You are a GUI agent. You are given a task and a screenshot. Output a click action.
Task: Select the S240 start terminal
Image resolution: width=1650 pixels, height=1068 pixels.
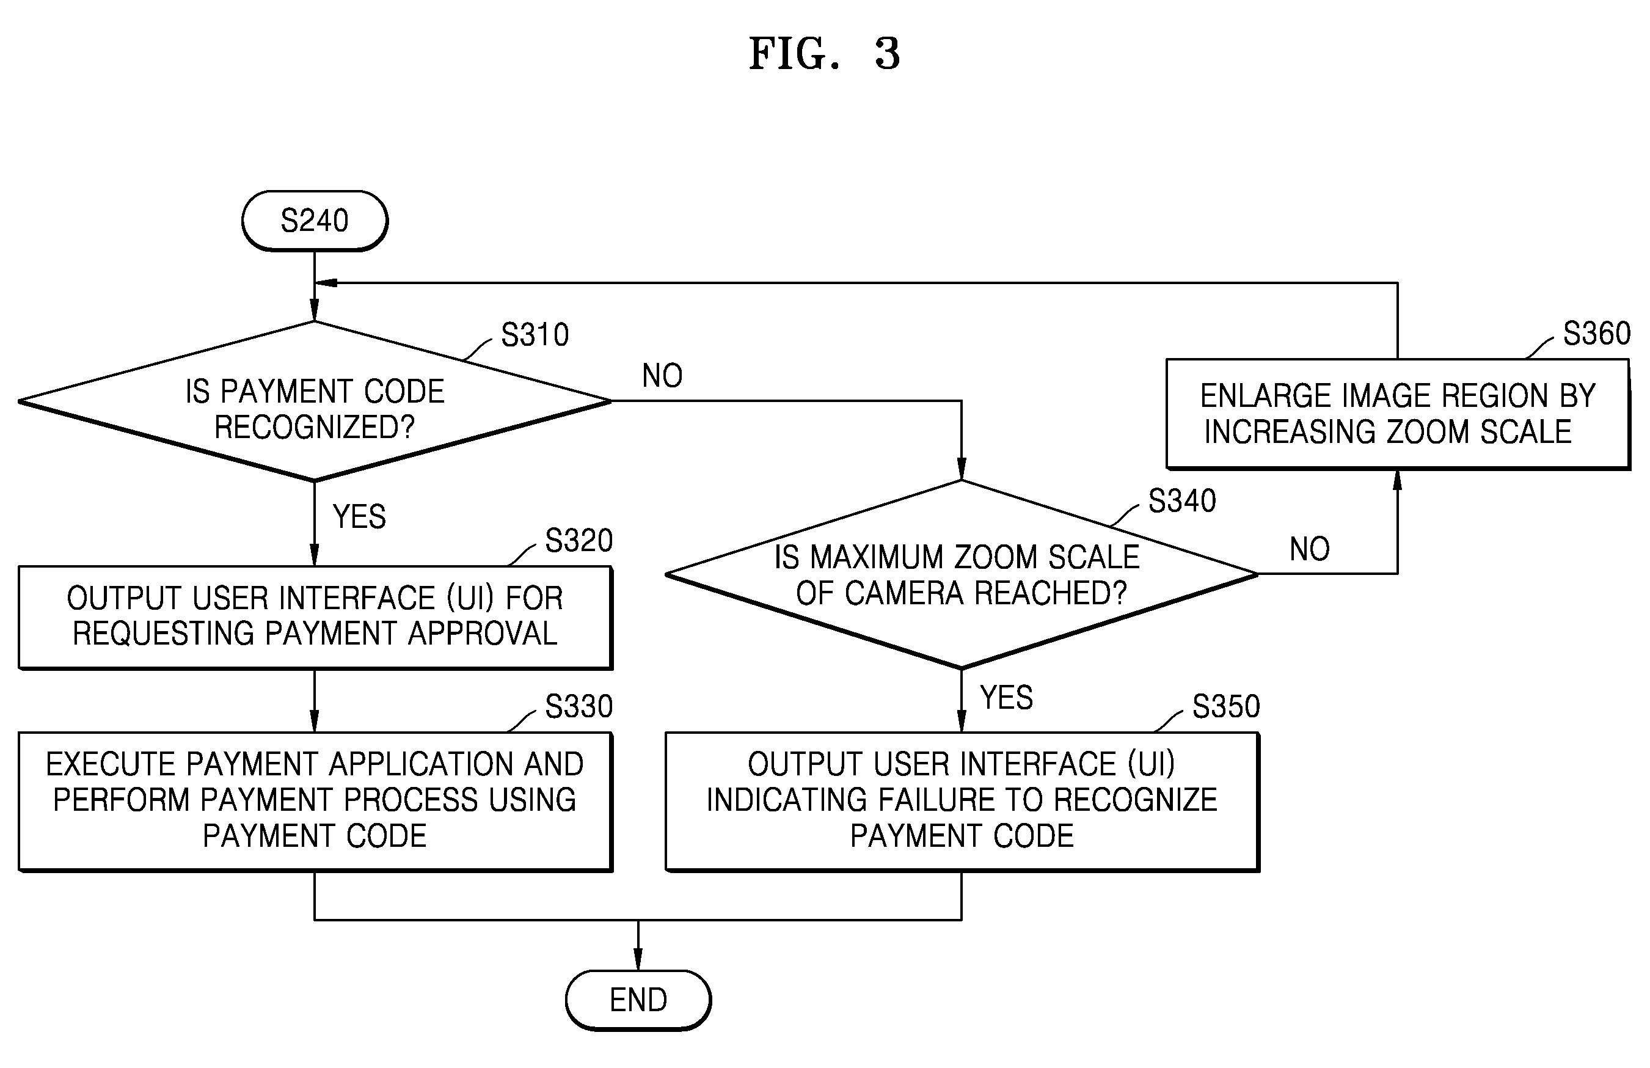click(x=315, y=221)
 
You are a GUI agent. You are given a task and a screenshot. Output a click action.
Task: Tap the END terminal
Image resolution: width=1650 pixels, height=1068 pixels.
click(x=638, y=1000)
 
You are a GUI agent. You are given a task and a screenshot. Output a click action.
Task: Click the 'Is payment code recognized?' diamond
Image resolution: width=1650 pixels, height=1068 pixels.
click(x=315, y=401)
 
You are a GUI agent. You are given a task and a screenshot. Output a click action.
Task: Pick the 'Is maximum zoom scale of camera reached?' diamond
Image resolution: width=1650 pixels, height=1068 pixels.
click(x=962, y=574)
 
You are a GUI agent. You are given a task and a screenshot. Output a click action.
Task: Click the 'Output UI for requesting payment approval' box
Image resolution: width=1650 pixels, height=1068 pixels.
click(x=315, y=618)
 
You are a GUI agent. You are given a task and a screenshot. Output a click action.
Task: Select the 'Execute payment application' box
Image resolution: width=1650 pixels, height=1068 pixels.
click(x=315, y=801)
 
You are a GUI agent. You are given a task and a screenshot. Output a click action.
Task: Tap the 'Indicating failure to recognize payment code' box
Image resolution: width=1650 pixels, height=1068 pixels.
click(x=962, y=801)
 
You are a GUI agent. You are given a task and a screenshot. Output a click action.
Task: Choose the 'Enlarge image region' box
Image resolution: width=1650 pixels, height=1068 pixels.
click(x=1398, y=414)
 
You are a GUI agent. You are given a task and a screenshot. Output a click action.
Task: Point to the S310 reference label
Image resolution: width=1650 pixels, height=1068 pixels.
click(x=535, y=335)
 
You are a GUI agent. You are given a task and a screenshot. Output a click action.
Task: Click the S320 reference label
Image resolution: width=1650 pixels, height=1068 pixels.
click(x=579, y=541)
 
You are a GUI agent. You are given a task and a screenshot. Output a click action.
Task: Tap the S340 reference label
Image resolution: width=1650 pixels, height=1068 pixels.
click(x=1182, y=501)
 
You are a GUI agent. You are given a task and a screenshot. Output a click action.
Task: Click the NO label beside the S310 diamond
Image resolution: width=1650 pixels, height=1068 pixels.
click(x=662, y=376)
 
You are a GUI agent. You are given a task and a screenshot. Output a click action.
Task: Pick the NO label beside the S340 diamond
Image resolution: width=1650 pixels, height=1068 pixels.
click(x=1310, y=549)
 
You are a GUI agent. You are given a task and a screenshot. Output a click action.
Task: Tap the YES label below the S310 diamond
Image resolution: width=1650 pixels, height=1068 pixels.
click(x=359, y=517)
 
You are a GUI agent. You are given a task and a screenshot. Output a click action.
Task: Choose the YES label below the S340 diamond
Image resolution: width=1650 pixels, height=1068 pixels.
click(x=1007, y=698)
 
